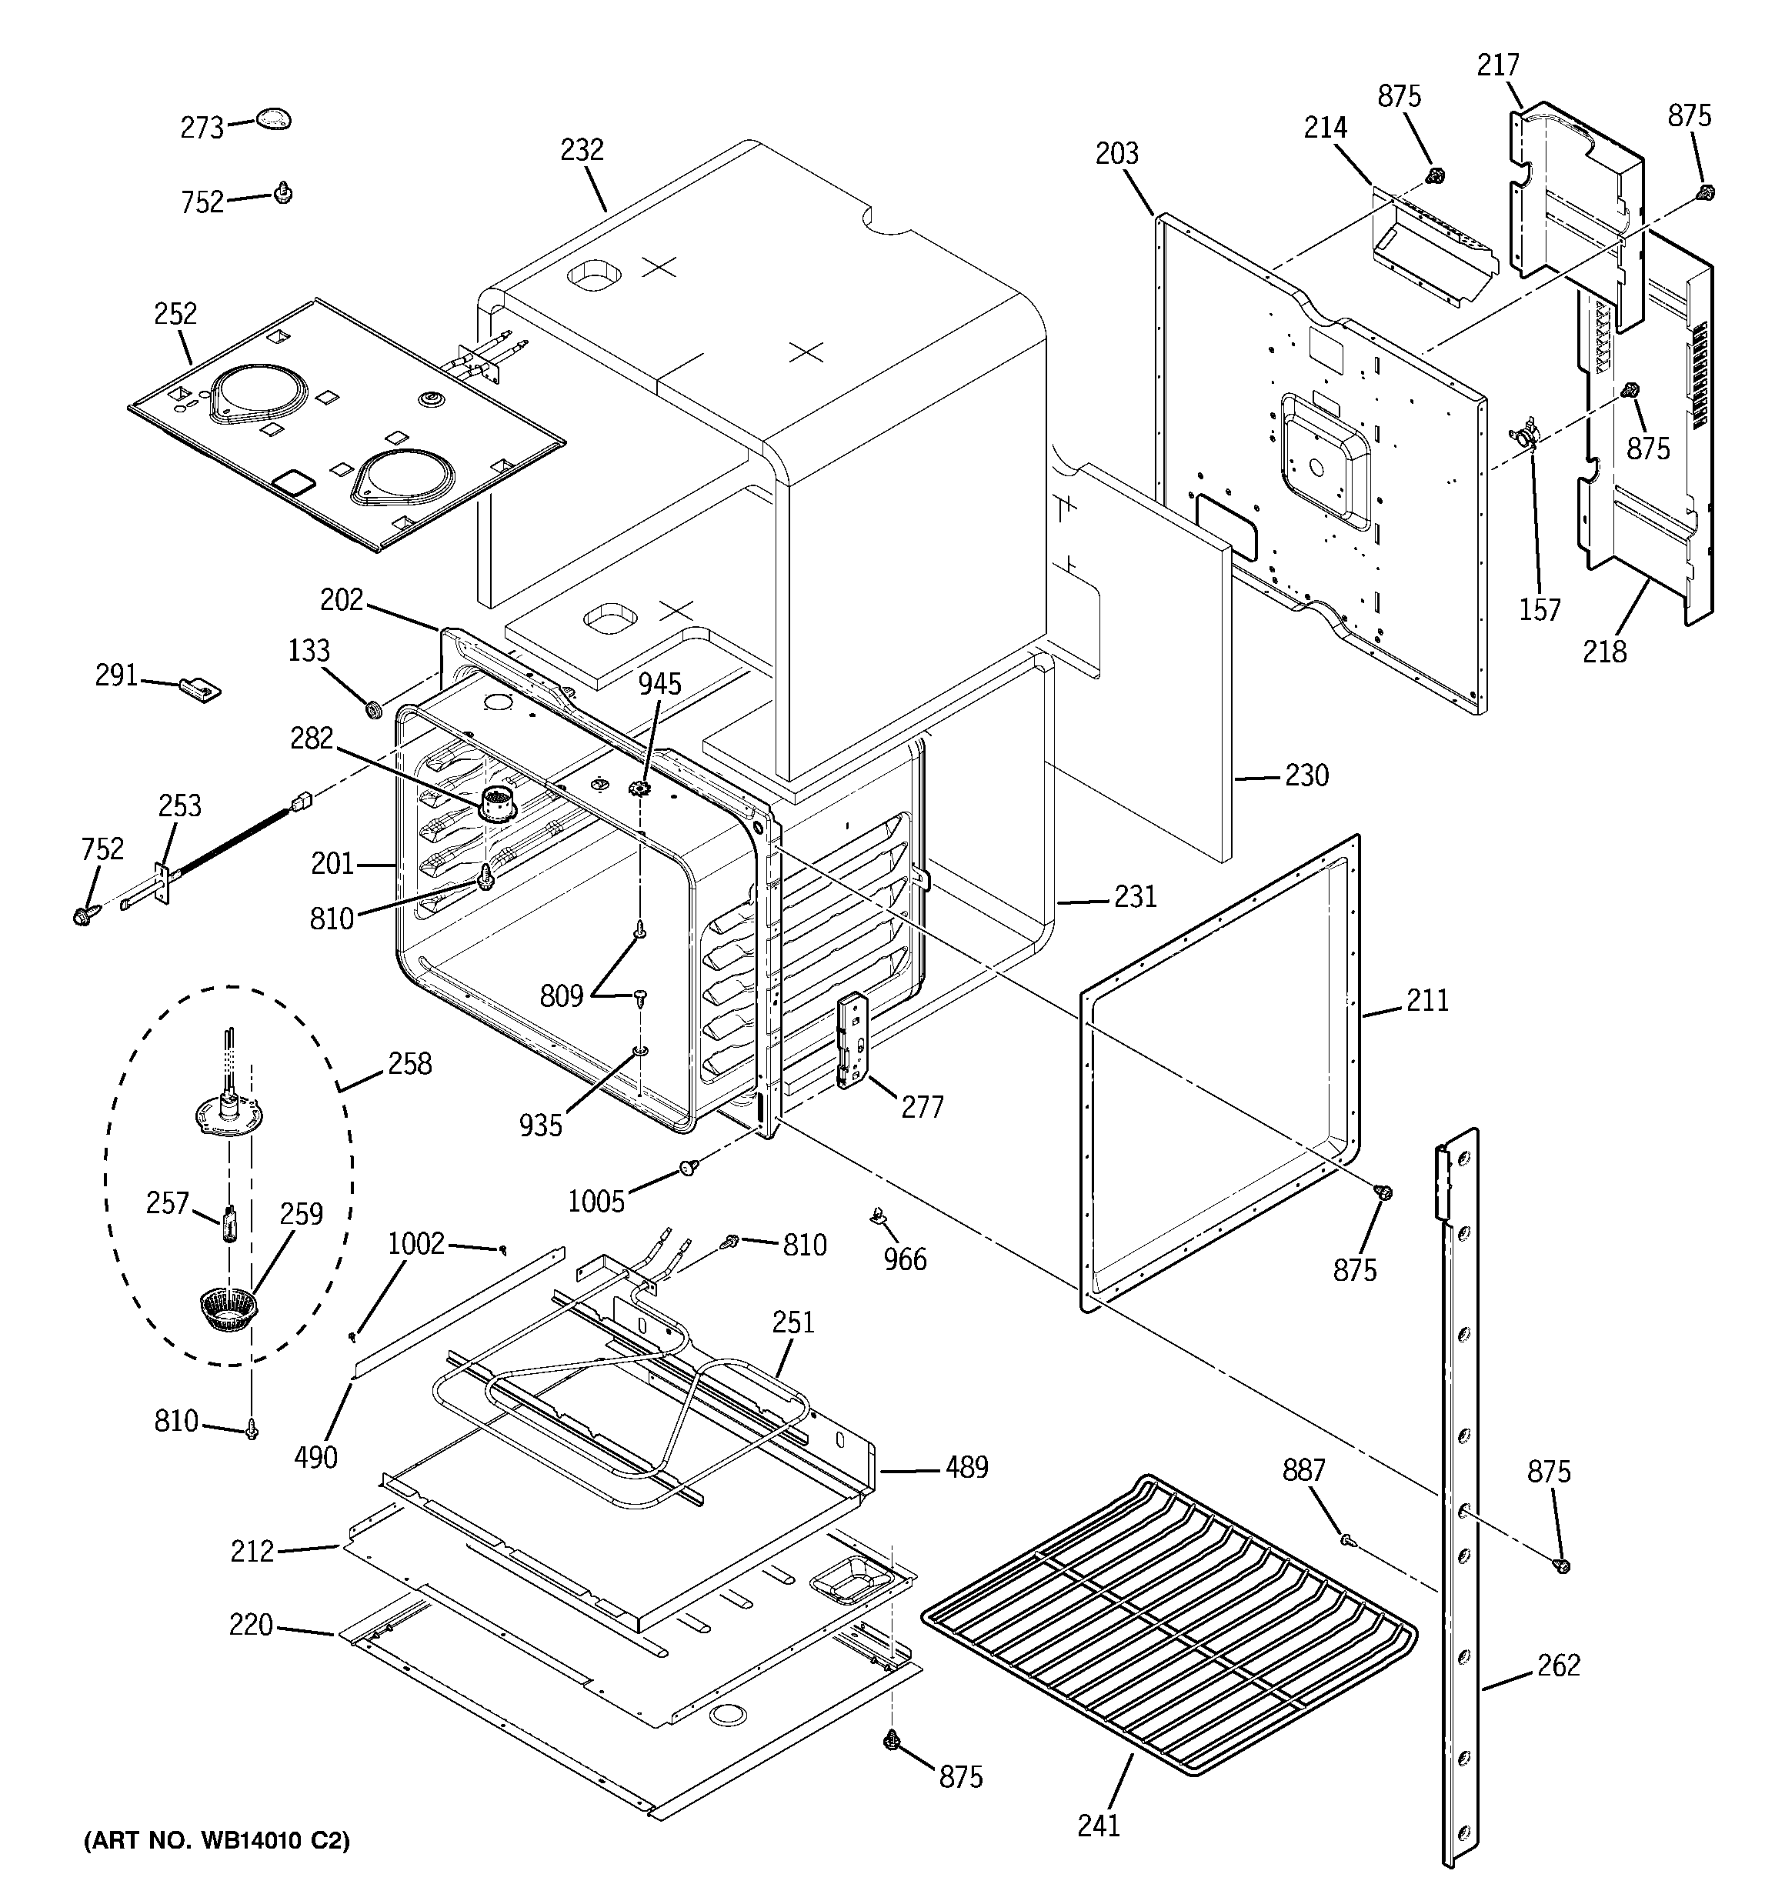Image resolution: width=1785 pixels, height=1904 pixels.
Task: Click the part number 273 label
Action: pos(202,128)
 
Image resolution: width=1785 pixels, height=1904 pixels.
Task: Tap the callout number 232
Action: pos(582,150)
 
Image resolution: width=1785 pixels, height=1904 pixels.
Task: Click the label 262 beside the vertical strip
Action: pos(1558,1666)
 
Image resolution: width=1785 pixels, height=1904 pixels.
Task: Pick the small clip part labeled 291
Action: pos(200,688)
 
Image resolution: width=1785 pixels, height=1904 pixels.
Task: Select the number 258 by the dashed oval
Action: pos(409,1063)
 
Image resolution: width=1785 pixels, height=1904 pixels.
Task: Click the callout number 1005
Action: pos(596,1201)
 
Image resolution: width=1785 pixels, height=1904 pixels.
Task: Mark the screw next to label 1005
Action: pos(688,1166)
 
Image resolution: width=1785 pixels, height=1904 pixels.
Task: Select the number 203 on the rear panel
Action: pos(1116,153)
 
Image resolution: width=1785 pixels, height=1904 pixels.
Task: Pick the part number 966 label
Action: pos(905,1259)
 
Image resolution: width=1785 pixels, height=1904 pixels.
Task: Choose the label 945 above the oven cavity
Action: pos(660,684)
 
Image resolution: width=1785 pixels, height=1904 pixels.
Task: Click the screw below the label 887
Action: pos(1346,1541)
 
